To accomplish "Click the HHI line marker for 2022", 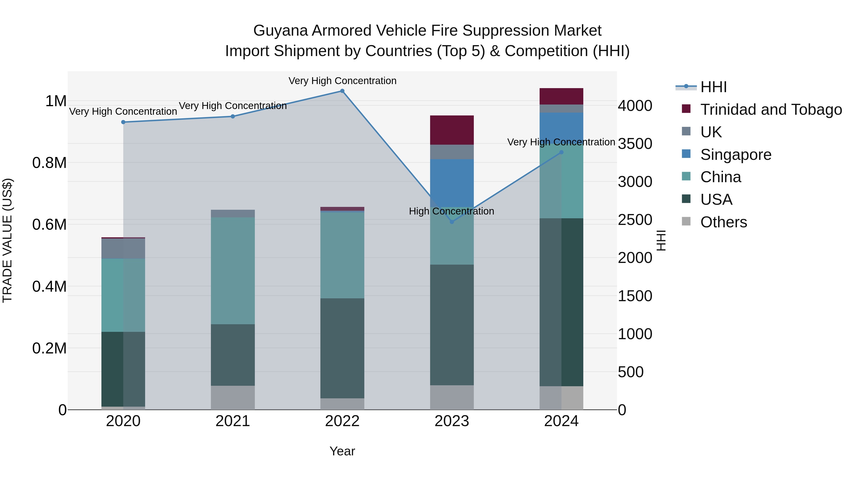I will [x=342, y=91].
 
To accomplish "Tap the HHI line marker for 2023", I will [x=452, y=222].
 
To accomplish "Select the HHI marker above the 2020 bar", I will [x=123, y=122].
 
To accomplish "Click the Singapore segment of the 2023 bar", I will [x=452, y=183].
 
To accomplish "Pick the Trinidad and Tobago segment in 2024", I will [x=561, y=96].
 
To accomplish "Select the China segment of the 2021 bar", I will [x=233, y=271].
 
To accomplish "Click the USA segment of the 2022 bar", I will [x=342, y=348].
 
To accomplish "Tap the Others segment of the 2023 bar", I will [x=452, y=397].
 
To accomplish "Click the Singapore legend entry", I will [x=736, y=155].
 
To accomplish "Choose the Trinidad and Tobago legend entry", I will [x=771, y=110].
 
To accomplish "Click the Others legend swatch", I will [x=686, y=221].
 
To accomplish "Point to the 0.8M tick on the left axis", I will [x=49, y=163].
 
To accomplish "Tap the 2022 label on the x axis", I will [x=342, y=421].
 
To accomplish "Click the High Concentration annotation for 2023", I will [x=451, y=211].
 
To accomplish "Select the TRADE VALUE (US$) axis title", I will [x=7, y=240].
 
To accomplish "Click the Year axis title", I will [x=342, y=451].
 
